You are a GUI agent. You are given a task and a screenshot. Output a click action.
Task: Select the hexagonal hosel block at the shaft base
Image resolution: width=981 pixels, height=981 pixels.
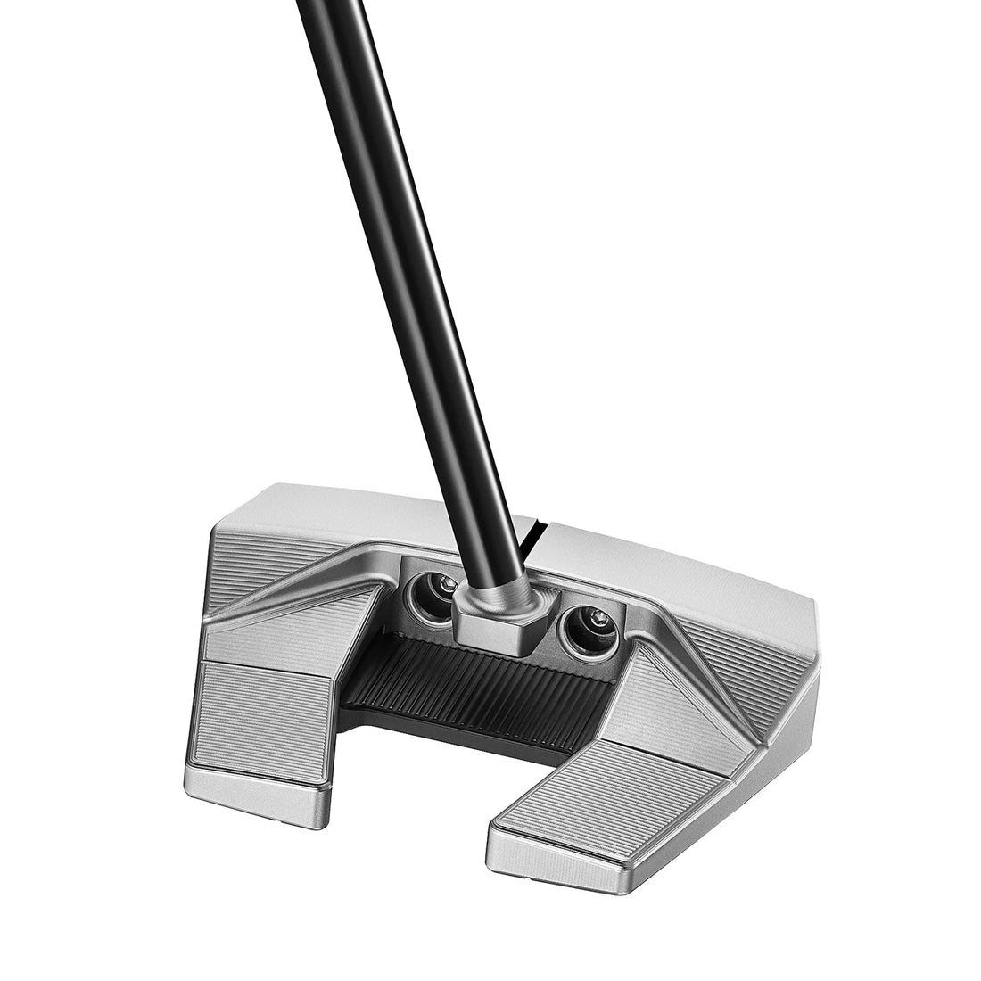pyautogui.click(x=492, y=621)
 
